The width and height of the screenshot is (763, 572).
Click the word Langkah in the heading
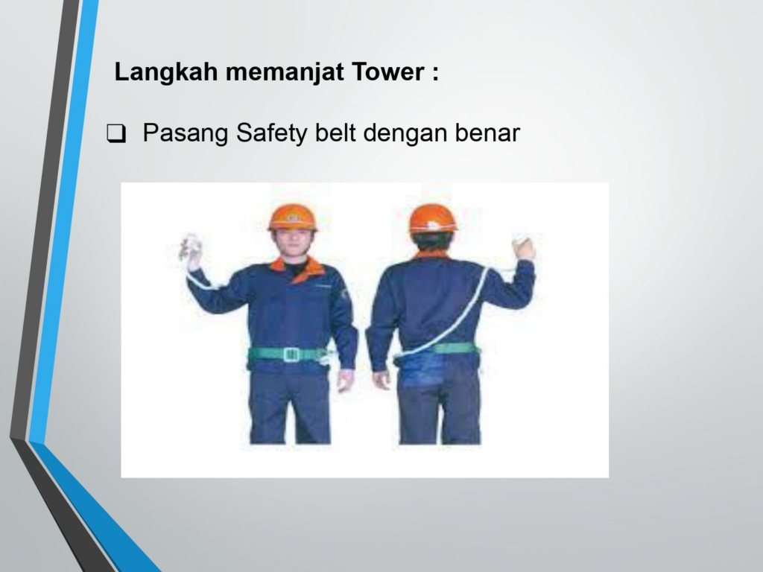coord(165,72)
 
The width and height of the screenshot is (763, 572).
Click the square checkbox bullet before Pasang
coord(115,134)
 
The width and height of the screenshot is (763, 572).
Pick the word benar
coord(487,133)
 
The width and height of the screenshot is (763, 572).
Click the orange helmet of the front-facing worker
coord(292,217)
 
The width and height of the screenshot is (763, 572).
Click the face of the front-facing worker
coord(292,244)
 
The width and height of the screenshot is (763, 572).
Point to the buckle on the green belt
coord(291,354)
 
